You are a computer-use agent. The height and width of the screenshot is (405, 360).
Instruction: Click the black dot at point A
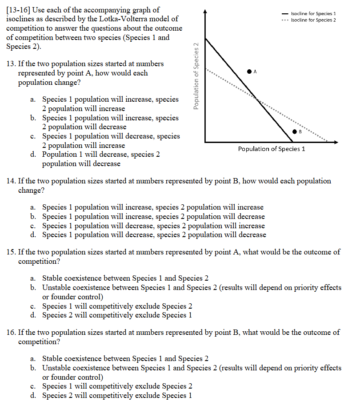(249, 71)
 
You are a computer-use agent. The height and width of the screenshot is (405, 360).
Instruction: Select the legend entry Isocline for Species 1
(313, 14)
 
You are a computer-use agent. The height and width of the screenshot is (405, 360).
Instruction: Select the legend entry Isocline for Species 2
(313, 20)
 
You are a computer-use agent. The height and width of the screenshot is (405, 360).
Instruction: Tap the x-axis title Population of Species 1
(272, 149)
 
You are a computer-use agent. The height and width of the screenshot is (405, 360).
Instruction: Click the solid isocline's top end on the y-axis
(205, 38)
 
